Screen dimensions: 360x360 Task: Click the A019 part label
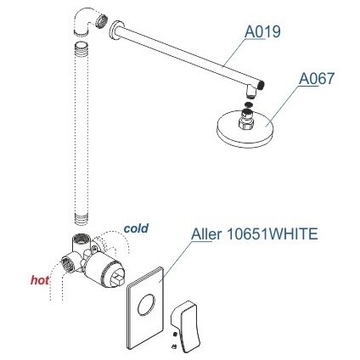click(262, 31)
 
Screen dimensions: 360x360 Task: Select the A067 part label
click(317, 78)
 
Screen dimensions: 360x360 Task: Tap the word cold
click(136, 228)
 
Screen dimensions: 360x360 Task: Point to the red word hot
click(40, 280)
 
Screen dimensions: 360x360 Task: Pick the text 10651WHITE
click(273, 234)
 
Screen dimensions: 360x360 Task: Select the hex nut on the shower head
click(246, 123)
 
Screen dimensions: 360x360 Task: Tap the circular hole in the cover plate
click(146, 305)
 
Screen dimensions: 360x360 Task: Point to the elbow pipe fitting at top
click(85, 23)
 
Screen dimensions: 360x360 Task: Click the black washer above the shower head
click(248, 104)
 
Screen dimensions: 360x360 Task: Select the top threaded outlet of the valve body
click(82, 239)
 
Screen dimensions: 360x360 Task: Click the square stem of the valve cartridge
click(119, 278)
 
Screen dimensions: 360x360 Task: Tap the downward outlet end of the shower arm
click(250, 92)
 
